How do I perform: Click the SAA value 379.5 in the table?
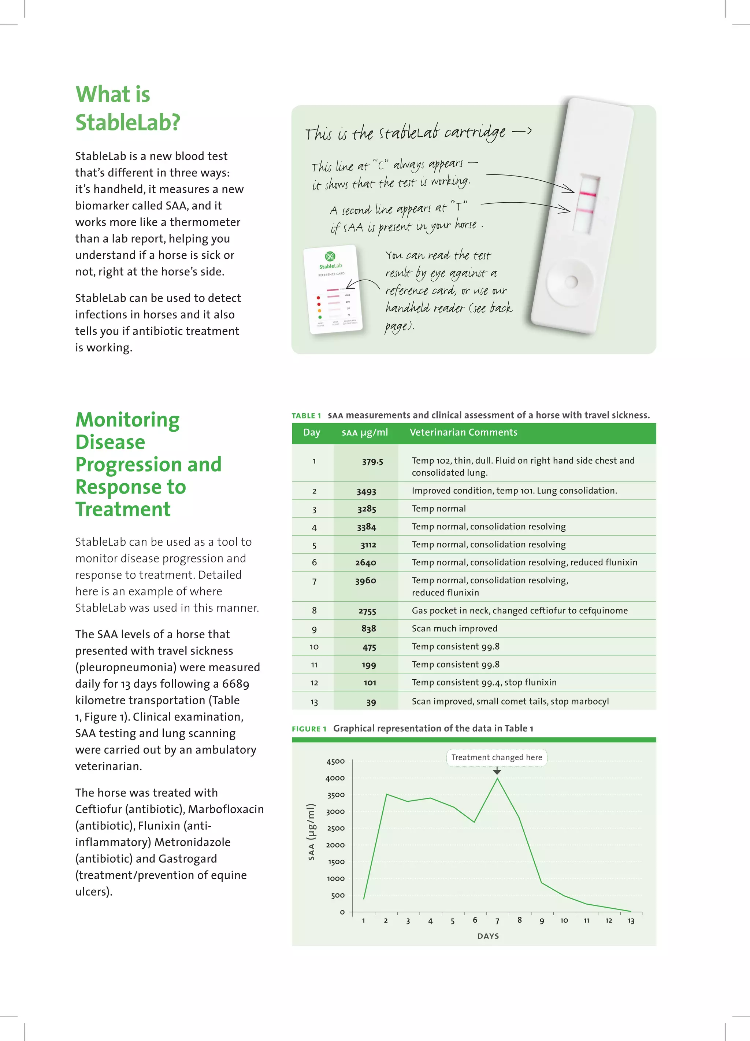[x=372, y=461]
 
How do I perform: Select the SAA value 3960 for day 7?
[x=365, y=581]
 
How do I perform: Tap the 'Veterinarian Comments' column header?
[x=463, y=432]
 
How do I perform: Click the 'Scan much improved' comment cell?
[x=454, y=628]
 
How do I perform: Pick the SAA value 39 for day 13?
[x=371, y=702]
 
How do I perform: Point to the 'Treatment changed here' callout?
[x=496, y=757]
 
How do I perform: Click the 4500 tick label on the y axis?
[x=335, y=761]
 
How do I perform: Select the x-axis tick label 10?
[x=564, y=920]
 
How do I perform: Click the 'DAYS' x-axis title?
[x=488, y=936]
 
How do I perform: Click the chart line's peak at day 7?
[x=497, y=778]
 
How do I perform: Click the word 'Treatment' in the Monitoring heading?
[x=123, y=509]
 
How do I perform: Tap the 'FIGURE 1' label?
[x=309, y=729]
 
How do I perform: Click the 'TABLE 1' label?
[x=306, y=416]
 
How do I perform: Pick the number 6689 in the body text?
[x=235, y=684]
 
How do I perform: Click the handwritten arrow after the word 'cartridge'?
[x=522, y=132]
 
